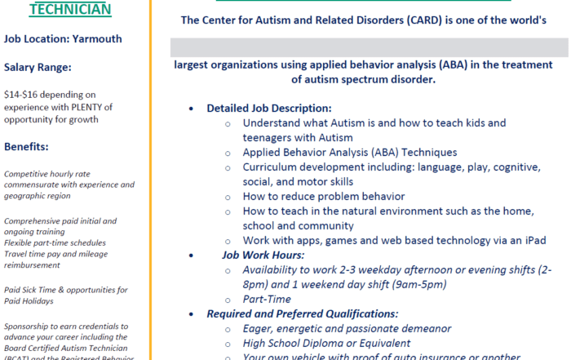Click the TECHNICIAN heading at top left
(x=70, y=9)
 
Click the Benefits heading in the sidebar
(x=27, y=147)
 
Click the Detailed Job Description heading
(x=268, y=108)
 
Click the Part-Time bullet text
(x=267, y=299)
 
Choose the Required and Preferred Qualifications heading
(x=302, y=313)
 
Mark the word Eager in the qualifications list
(x=259, y=328)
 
